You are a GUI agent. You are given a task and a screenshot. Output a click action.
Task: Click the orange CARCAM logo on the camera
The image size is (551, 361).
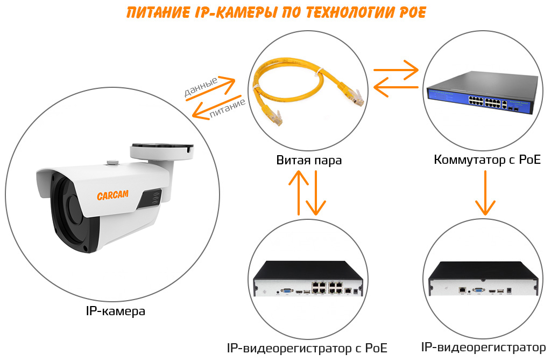click(112, 196)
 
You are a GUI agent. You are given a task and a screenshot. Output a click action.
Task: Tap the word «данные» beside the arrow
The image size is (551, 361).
click(201, 87)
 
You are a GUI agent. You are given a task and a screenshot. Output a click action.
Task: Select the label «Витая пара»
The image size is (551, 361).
click(309, 160)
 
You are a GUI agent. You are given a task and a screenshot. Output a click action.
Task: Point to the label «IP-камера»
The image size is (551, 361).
click(115, 311)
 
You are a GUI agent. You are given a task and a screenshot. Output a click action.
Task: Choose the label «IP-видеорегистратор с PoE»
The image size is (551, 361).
click(307, 348)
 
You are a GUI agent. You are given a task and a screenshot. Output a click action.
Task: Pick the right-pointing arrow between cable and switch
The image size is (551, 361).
click(395, 70)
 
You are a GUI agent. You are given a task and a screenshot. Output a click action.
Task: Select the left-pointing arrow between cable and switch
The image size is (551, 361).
click(395, 87)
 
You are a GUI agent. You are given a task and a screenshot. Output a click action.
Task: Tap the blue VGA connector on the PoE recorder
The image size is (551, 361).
click(287, 291)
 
